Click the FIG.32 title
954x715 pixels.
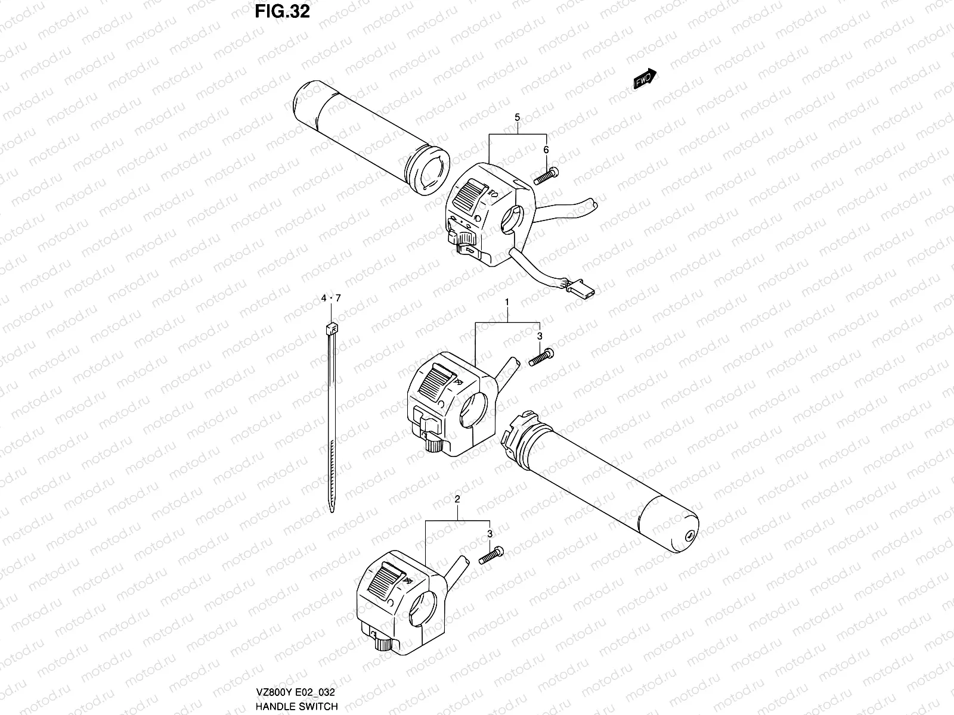(282, 11)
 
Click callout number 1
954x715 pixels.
(507, 303)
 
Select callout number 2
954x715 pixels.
(457, 499)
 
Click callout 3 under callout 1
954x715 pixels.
(539, 337)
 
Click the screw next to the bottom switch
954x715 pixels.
(491, 557)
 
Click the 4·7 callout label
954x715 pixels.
(331, 298)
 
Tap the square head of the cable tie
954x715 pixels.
(332, 328)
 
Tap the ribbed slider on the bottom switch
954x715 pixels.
(387, 580)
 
